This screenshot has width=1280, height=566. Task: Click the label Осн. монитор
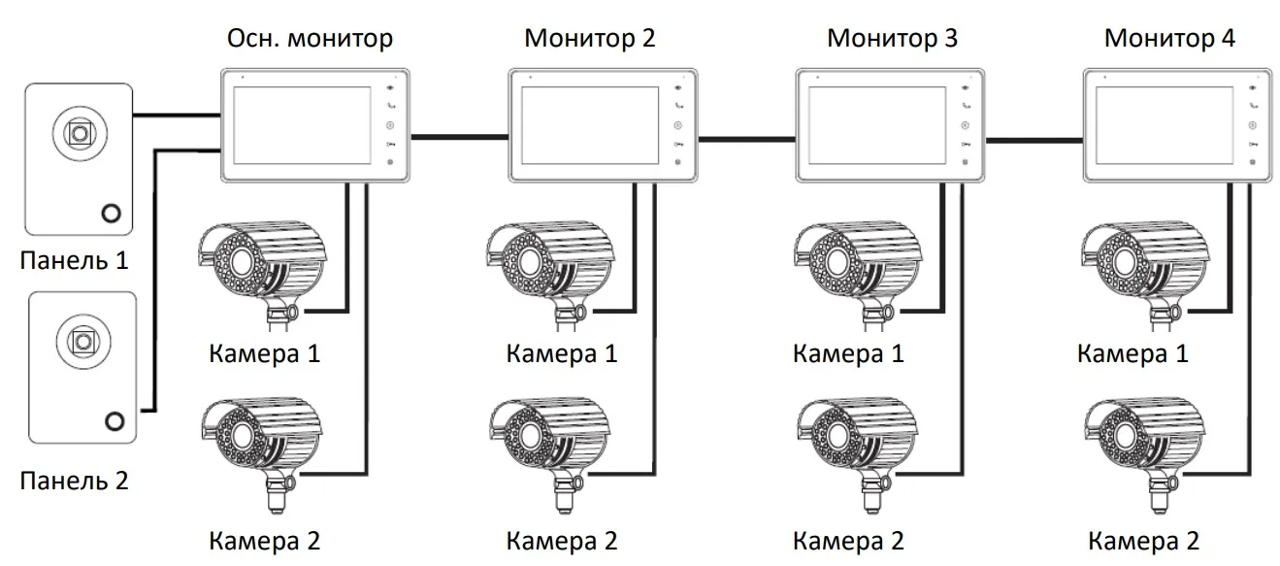pyautogui.click(x=310, y=39)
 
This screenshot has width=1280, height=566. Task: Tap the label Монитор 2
pyautogui.click(x=590, y=39)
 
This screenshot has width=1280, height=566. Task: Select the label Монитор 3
pyautogui.click(x=892, y=39)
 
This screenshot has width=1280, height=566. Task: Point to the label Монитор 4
pyautogui.click(x=1170, y=39)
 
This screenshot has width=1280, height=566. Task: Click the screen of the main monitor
pyautogui.click(x=301, y=125)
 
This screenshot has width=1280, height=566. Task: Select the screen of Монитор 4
pyautogui.click(x=1164, y=125)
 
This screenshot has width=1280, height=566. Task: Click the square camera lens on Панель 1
pyautogui.click(x=78, y=133)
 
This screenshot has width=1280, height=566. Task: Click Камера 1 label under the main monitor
pyautogui.click(x=264, y=352)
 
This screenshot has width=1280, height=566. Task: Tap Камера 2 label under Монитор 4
pyautogui.click(x=1143, y=540)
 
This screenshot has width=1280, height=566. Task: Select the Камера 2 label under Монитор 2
pyautogui.click(x=561, y=540)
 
